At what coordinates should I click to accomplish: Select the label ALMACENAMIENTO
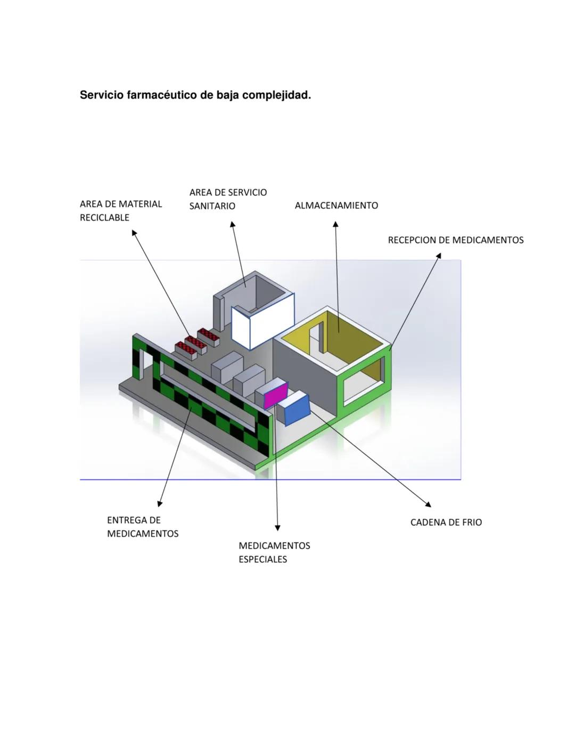pos(336,206)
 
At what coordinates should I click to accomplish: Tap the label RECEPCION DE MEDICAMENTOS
pos(455,240)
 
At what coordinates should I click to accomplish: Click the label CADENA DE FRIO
pos(446,522)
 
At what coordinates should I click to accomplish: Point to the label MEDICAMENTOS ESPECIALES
pos(274,552)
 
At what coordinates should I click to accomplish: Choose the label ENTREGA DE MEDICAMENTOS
pos(142,527)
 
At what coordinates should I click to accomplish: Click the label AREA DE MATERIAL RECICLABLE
pos(120,210)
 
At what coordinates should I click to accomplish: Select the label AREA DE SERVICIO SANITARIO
pos(228,199)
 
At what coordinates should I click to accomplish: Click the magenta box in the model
pos(275,395)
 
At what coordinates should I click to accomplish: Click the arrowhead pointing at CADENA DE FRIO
pos(428,504)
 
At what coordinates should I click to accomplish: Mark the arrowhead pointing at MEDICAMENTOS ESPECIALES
pos(277,528)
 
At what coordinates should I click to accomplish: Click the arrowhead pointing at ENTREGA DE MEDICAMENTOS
pos(159,503)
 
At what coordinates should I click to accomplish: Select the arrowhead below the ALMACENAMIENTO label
pos(335,225)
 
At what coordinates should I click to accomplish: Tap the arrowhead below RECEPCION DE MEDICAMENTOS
pos(439,256)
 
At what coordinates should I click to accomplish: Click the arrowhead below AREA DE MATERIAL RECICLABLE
pos(134,233)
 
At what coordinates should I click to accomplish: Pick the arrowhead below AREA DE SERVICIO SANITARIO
pos(232,225)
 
